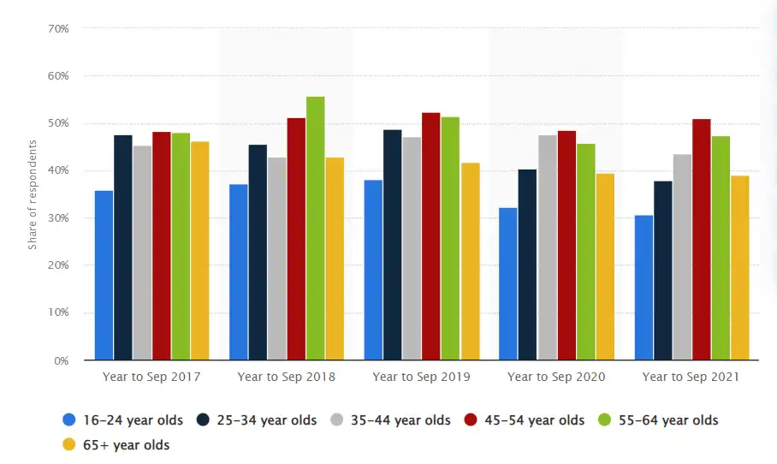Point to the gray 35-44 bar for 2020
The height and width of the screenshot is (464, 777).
pos(546,247)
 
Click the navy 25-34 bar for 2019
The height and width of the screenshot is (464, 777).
pos(392,245)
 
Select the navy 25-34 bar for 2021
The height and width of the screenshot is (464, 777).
pos(663,271)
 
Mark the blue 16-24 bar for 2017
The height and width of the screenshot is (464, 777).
pos(104,275)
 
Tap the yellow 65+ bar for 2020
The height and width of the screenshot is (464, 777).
pos(604,266)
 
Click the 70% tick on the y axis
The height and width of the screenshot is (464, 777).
pos(58,29)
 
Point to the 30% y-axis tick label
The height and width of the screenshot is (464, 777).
pos(58,218)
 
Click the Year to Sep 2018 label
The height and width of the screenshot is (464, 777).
pos(286,377)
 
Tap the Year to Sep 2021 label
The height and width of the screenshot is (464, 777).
pos(691,377)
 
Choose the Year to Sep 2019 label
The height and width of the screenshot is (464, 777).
pos(421,377)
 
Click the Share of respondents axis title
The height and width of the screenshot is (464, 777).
pos(33,194)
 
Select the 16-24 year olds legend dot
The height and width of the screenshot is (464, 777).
pos(69,420)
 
